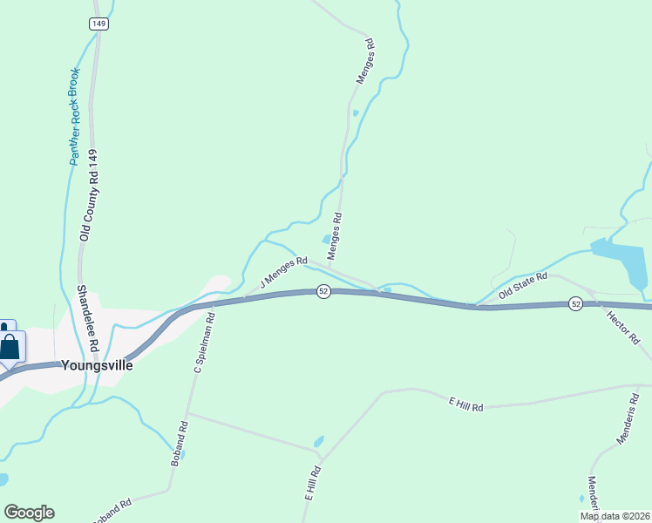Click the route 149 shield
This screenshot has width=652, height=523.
pos(98,24)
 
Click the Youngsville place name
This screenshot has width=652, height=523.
pos(98,366)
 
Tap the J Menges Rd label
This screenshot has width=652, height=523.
pos(284,271)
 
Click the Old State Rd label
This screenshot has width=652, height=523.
pos(522,286)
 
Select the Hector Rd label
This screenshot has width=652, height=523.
pos(622,326)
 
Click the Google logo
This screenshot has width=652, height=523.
pos(29,512)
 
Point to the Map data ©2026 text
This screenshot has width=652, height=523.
pos(614,516)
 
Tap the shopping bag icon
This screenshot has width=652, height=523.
pos(10,346)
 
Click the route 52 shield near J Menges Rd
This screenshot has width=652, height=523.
pos(323,291)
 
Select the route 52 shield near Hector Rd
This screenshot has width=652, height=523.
pos(575,303)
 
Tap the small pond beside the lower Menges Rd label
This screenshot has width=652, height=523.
pos(326,240)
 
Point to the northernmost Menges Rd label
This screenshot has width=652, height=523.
pos(363,61)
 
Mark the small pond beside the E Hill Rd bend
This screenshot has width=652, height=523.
pos(318,441)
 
